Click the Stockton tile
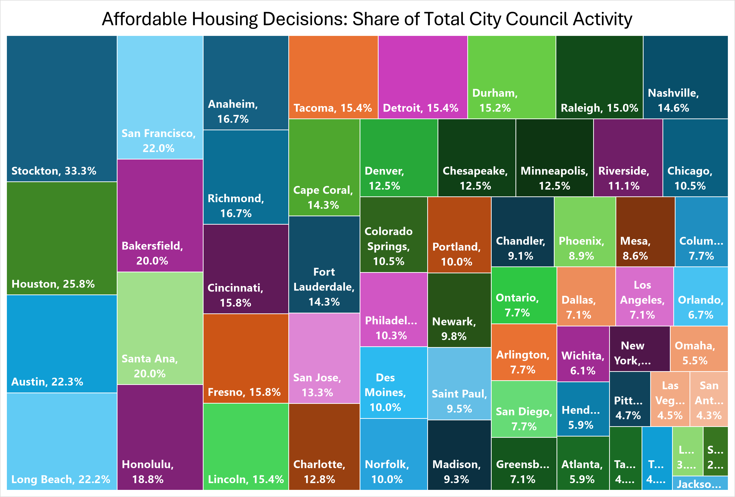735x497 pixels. (62, 108)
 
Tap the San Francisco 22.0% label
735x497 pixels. (159, 141)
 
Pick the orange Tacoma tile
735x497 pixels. (333, 77)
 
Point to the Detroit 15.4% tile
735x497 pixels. (423, 77)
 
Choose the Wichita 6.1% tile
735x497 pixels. (583, 354)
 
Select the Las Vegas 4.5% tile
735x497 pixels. (670, 399)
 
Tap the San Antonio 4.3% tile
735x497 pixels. (709, 399)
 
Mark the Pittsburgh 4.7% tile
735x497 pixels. (629, 399)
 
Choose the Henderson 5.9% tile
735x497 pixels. (583, 409)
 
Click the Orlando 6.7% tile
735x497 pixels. (701, 296)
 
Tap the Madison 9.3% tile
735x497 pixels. (459, 455)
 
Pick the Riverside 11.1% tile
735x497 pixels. (628, 158)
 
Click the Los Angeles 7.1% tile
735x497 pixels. (644, 296)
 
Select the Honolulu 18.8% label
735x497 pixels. (148, 472)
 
